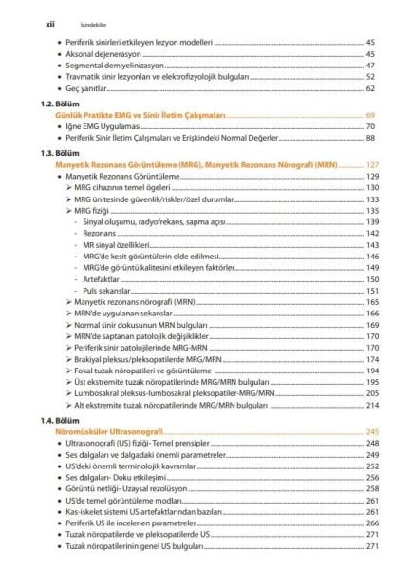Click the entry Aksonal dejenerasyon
pyautogui.click(x=110, y=54)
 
